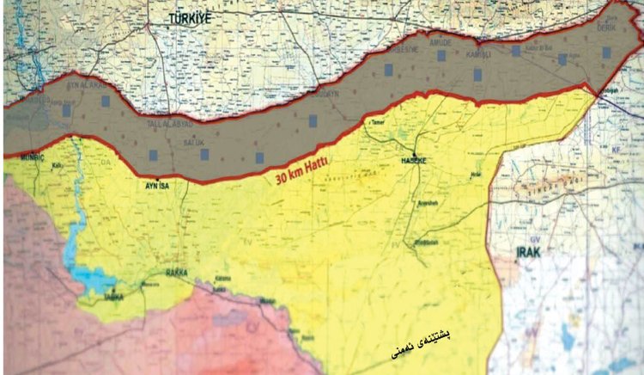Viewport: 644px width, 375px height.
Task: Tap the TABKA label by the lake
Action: [x=113, y=296]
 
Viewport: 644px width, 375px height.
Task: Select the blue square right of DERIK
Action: [x=606, y=52]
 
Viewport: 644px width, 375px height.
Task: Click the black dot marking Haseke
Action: [x=413, y=155]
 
